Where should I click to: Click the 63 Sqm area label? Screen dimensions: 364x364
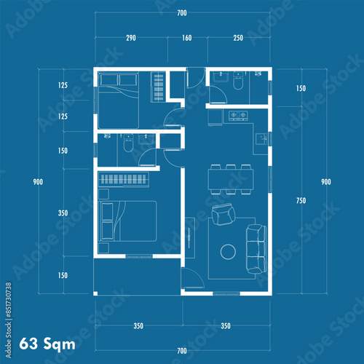coord(47,344)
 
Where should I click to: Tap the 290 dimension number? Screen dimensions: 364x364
coord(131,38)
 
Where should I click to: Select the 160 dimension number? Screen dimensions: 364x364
coord(187,38)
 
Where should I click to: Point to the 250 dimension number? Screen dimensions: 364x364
coord(238,38)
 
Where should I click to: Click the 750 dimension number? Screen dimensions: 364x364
coord(301,200)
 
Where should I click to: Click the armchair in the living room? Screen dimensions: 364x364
coord(223,214)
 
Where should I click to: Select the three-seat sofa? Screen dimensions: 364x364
coord(256,249)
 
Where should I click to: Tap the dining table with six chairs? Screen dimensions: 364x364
coord(231,180)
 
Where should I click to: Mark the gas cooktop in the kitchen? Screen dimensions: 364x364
coord(238,115)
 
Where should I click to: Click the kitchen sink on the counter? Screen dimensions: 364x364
coord(261,139)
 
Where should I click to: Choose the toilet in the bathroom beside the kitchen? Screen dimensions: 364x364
coord(238,81)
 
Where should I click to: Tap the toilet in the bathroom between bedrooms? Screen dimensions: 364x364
coord(128,143)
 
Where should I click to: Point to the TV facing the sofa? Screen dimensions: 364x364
coord(189,238)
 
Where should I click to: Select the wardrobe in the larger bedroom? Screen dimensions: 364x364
coord(124,180)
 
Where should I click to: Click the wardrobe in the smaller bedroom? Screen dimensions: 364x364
coord(159,87)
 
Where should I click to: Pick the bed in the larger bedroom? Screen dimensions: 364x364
coord(127,221)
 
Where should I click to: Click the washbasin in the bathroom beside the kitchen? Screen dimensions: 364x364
coord(221,76)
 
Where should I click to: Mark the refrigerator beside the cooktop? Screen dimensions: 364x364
coord(215,118)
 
